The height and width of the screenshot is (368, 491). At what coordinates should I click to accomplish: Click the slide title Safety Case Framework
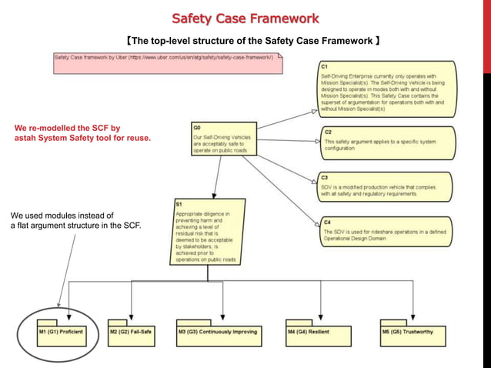(x=245, y=18)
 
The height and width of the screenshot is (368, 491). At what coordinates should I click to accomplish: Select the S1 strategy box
(x=208, y=232)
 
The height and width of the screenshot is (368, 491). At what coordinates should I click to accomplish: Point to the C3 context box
(x=386, y=186)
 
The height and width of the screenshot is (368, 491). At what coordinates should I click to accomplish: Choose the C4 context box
(x=386, y=230)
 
